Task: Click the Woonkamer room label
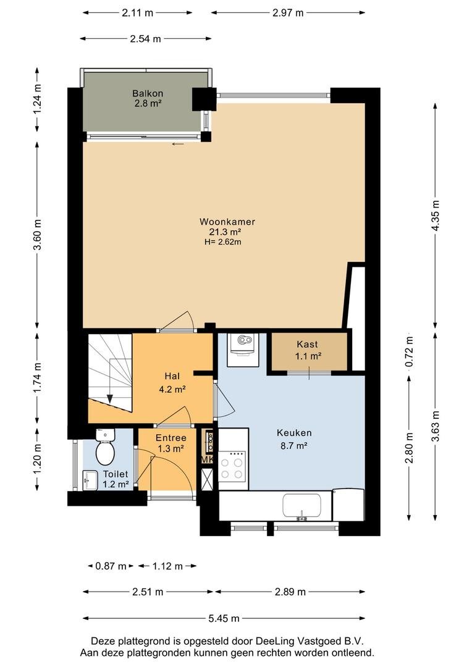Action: (227, 222)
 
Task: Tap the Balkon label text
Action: (148, 93)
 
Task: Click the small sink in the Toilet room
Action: (90, 480)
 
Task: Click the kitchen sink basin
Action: (301, 506)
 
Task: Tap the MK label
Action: (207, 460)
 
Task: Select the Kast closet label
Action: (307, 345)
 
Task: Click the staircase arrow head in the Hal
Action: (110, 399)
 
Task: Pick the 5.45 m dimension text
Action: (224, 618)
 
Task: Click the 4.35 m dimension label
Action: (435, 216)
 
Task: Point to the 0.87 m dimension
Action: (111, 566)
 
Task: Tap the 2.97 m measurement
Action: (288, 13)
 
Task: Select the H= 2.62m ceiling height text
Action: (223, 242)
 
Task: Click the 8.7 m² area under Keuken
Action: (294, 445)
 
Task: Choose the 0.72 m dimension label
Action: (410, 352)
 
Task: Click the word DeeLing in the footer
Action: (272, 640)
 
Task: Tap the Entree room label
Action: (171, 438)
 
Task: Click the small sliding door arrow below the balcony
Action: (179, 144)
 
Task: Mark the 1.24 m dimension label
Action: (38, 98)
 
